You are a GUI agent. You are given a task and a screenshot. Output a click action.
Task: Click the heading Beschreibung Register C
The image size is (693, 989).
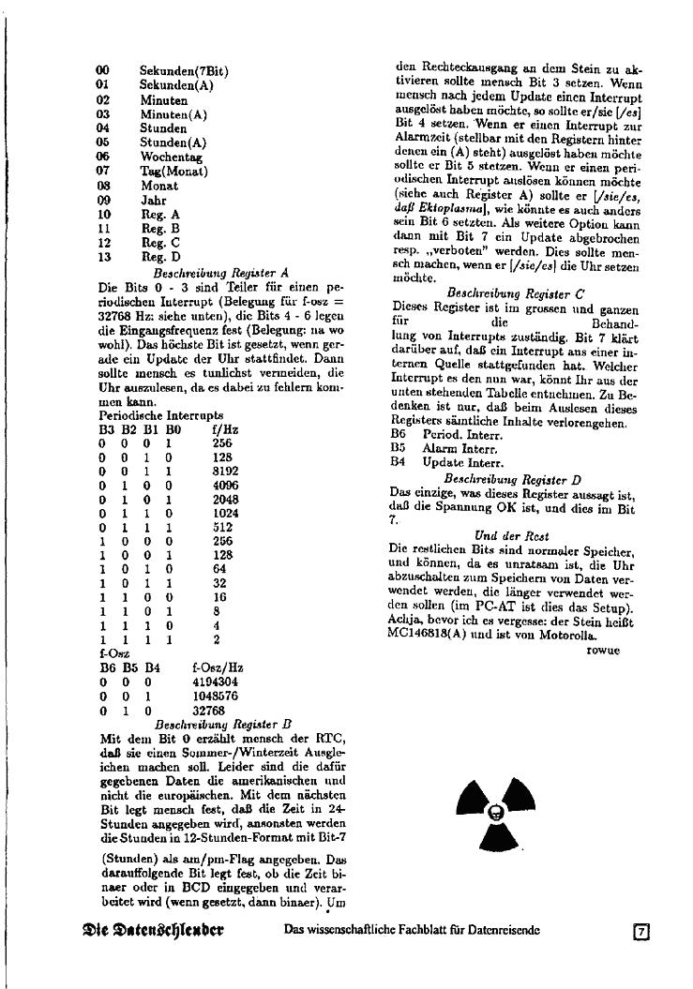tap(517, 293)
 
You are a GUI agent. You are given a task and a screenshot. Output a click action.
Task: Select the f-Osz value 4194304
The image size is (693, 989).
tap(217, 683)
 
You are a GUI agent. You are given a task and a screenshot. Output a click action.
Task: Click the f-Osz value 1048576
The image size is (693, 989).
tap(217, 697)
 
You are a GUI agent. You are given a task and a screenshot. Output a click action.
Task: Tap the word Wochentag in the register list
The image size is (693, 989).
tap(171, 157)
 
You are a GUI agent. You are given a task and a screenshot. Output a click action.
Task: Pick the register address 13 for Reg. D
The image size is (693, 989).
tap(103, 257)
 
